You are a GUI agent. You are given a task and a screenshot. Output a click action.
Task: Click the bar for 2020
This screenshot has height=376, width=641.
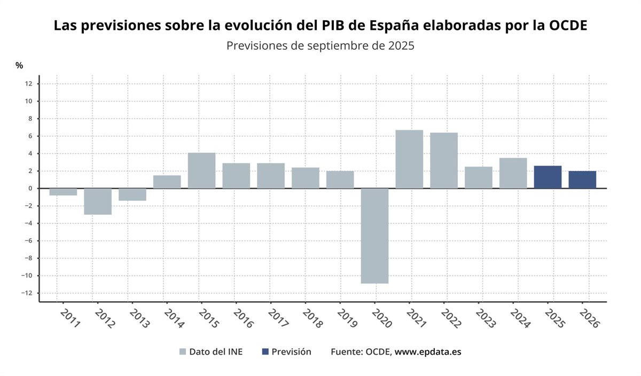click(374, 236)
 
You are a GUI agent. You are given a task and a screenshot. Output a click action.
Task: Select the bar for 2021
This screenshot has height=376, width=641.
click(409, 159)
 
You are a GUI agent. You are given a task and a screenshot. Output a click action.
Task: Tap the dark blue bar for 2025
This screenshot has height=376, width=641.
click(548, 177)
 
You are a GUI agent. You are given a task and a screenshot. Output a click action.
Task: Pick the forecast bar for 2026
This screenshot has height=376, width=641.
click(582, 179)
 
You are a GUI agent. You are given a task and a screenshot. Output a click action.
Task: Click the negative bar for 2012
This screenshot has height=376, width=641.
click(98, 201)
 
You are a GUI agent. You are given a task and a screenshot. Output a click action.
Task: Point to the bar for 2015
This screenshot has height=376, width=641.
click(201, 170)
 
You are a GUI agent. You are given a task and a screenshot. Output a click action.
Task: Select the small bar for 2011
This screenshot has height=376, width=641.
click(63, 192)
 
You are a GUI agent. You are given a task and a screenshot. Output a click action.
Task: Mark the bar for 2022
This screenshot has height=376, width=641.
click(444, 160)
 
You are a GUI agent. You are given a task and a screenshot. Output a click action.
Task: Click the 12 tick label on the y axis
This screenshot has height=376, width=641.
click(28, 84)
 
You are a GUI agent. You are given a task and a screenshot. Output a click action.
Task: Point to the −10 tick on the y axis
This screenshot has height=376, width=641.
click(27, 276)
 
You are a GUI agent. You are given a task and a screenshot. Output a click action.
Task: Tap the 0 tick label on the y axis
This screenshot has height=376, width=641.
click(30, 189)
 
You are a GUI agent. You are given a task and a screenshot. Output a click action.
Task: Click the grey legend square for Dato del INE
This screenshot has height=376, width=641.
click(183, 352)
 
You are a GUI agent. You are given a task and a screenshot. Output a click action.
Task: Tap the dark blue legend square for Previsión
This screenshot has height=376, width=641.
click(265, 352)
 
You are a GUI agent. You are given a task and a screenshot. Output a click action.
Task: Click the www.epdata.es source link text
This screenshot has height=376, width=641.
click(428, 352)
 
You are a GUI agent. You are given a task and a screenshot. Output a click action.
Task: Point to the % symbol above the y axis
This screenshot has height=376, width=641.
click(19, 65)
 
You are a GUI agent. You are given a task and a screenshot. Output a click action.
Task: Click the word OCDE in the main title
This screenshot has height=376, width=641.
click(568, 26)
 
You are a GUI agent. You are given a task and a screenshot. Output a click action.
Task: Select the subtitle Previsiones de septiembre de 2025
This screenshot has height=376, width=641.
click(320, 45)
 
